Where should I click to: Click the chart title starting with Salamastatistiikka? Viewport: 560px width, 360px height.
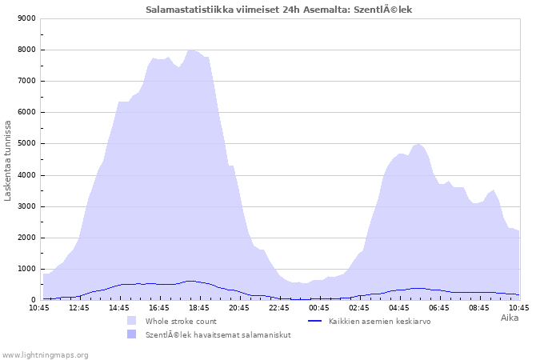point(278,10)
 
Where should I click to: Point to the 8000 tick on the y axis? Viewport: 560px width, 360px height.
point(27,50)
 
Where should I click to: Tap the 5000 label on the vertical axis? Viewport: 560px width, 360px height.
point(27,143)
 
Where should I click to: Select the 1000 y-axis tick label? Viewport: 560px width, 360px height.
point(27,269)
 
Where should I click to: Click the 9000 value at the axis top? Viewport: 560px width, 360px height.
point(27,18)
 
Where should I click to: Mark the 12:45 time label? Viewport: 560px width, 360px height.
point(79,308)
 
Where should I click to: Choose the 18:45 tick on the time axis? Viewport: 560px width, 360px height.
point(199,308)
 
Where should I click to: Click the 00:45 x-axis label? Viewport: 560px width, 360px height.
point(319,308)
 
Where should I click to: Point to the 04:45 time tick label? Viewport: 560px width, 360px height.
point(399,308)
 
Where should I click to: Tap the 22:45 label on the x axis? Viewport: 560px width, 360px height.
point(279,308)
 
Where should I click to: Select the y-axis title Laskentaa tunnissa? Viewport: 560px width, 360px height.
point(8,161)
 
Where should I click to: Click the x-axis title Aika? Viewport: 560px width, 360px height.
point(510,318)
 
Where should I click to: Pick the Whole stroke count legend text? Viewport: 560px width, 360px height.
point(181,322)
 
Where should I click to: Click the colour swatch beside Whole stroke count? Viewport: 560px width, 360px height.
point(131,320)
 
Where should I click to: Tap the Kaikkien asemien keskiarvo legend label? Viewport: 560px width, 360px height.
point(380,322)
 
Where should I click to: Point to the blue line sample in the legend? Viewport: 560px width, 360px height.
point(314,321)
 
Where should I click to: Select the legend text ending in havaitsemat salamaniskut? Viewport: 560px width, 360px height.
point(218,335)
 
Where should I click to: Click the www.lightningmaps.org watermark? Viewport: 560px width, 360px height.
point(45,355)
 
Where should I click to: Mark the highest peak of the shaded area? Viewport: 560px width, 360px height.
point(191,50)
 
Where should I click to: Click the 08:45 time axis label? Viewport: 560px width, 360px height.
point(479,308)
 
